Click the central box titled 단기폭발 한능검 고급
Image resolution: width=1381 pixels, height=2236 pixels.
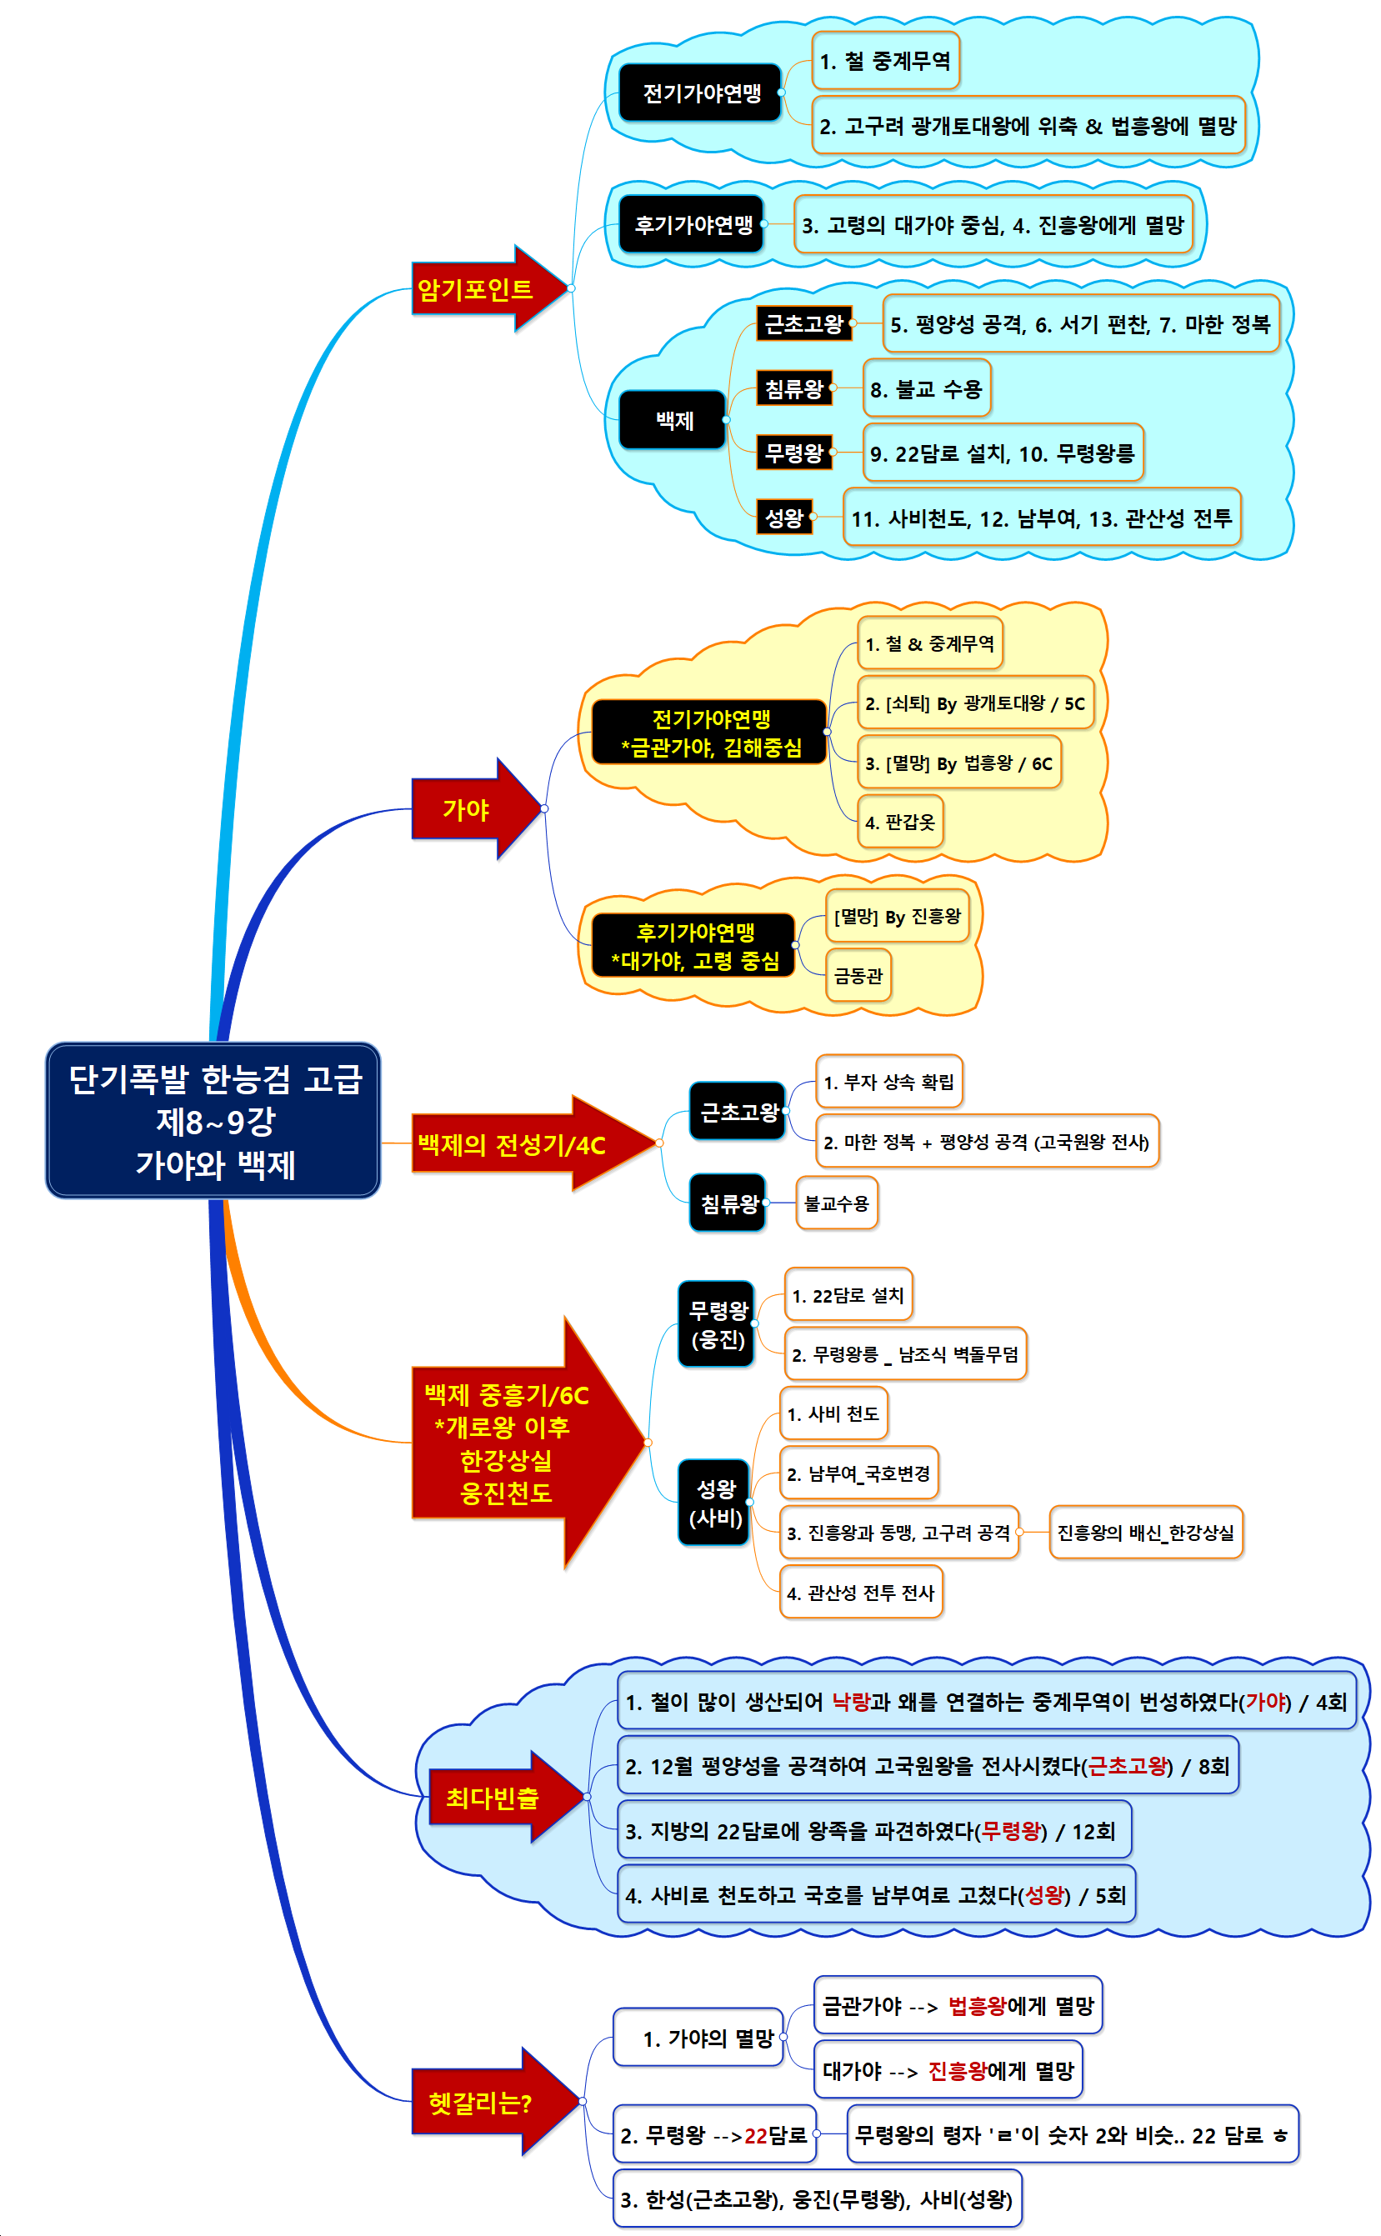[x=213, y=1119]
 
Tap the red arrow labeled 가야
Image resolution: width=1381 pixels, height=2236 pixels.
[x=470, y=809]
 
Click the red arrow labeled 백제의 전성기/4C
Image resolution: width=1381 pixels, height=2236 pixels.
[x=521, y=1143]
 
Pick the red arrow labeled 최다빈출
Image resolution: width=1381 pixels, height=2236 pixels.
[x=498, y=1797]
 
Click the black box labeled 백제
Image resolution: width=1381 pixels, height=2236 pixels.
[x=673, y=420]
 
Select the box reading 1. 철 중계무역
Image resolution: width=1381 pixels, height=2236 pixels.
[x=885, y=61]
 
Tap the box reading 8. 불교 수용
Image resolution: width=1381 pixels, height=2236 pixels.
[x=926, y=389]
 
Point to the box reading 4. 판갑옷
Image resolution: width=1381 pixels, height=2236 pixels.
[x=899, y=822]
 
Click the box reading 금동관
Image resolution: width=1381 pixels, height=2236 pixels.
[x=858, y=975]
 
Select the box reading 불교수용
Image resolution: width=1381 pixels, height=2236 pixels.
[x=836, y=1203]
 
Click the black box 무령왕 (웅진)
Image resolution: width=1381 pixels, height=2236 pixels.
[x=717, y=1324]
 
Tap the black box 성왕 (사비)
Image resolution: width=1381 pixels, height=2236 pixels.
[x=715, y=1502]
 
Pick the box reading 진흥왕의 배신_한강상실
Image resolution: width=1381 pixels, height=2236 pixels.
[x=1145, y=1532]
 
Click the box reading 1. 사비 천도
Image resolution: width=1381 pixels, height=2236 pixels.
[x=833, y=1413]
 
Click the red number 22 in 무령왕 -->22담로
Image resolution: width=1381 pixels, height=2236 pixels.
[x=755, y=2134]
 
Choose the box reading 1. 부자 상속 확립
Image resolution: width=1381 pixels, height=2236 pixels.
[x=888, y=1082]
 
